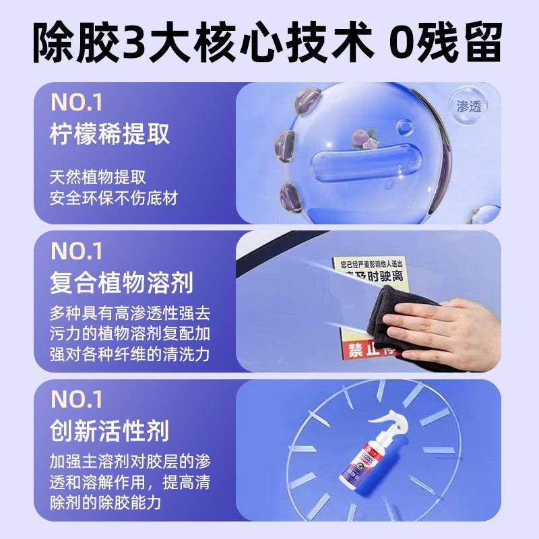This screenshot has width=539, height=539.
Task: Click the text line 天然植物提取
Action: (98, 177)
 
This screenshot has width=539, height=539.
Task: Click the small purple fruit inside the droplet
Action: (358, 139)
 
